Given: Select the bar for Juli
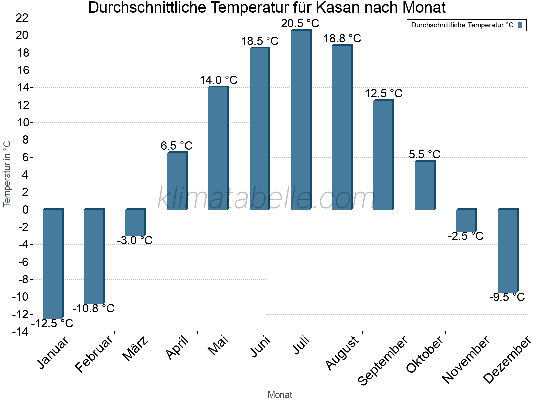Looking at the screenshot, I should (301, 120).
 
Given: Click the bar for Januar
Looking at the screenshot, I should (53, 264).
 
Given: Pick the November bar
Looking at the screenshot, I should (466, 220).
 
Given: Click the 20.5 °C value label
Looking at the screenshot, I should (300, 24).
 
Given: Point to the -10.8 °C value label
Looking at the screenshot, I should (93, 308).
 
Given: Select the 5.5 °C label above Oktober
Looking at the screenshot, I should (424, 154).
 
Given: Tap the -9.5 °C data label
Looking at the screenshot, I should (507, 297).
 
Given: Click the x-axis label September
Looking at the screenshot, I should (383, 360).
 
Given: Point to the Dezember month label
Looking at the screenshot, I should (507, 360).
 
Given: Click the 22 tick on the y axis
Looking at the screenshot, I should (22, 18).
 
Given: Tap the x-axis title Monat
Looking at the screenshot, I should (280, 395).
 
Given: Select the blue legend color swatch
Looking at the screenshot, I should (520, 25).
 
